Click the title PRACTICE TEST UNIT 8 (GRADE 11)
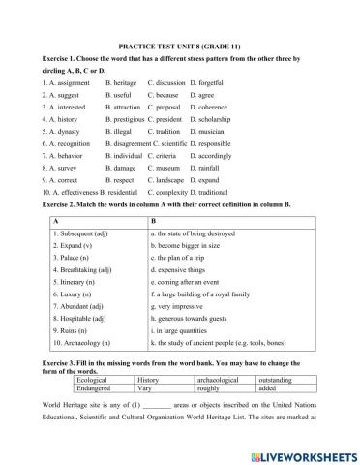click(x=179, y=45)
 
